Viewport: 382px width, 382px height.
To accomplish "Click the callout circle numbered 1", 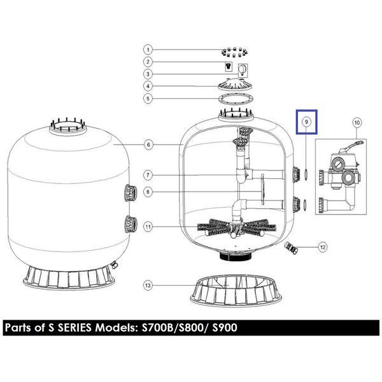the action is (x=148, y=50).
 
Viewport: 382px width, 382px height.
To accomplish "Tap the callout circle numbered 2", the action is (x=148, y=62).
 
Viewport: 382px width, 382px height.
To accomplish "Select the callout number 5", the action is (x=148, y=99).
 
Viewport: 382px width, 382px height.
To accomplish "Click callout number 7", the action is (x=148, y=175).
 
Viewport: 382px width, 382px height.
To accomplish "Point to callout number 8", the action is (x=148, y=192).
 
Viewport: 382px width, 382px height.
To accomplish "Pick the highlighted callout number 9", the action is (x=306, y=122).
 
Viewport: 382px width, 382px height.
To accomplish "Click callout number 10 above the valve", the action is (x=357, y=122).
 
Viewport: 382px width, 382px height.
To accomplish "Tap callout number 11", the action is (x=148, y=227).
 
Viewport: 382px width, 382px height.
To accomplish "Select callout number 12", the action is (x=323, y=247).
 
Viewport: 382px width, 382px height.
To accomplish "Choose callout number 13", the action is (x=148, y=285).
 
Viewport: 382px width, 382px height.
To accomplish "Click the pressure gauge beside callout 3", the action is (x=243, y=71).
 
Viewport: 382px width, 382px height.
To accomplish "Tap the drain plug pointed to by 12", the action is (x=292, y=248).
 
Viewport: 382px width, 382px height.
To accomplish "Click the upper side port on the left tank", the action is (x=131, y=193).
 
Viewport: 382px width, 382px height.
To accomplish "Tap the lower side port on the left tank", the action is (x=131, y=224).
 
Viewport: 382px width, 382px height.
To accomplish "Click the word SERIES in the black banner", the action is (x=74, y=328).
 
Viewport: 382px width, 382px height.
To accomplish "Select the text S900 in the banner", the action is (x=225, y=328).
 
